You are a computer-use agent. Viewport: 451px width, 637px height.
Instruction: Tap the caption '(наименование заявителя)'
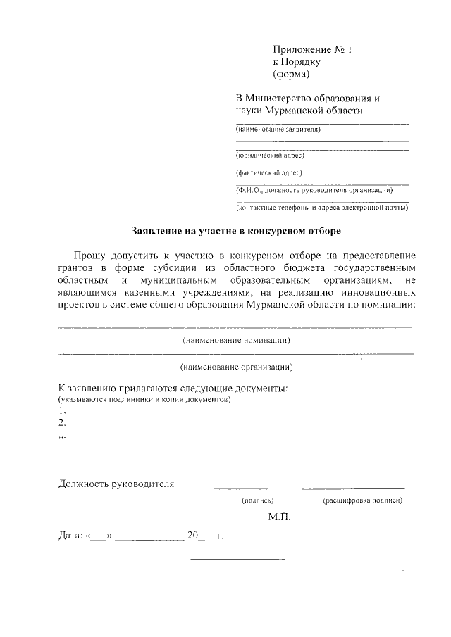tap(278, 130)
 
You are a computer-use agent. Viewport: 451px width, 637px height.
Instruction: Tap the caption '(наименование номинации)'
tap(237, 340)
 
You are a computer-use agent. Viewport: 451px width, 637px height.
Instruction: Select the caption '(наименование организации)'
tap(237, 367)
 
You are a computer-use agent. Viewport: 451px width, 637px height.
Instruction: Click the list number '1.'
tap(63, 410)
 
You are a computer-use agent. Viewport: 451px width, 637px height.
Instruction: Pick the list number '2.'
tap(63, 422)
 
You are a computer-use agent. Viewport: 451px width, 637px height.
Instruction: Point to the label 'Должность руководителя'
tap(116, 484)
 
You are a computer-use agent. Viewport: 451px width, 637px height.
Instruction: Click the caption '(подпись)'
tap(257, 500)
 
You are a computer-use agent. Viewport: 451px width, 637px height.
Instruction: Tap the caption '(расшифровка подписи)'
tap(362, 500)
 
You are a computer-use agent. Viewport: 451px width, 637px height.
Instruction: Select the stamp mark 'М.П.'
tap(279, 517)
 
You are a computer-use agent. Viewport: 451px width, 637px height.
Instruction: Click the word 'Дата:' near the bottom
tap(70, 536)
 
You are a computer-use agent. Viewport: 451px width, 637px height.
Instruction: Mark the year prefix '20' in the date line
tap(192, 535)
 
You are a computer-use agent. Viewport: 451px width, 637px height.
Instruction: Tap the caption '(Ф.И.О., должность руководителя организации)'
tap(314, 190)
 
